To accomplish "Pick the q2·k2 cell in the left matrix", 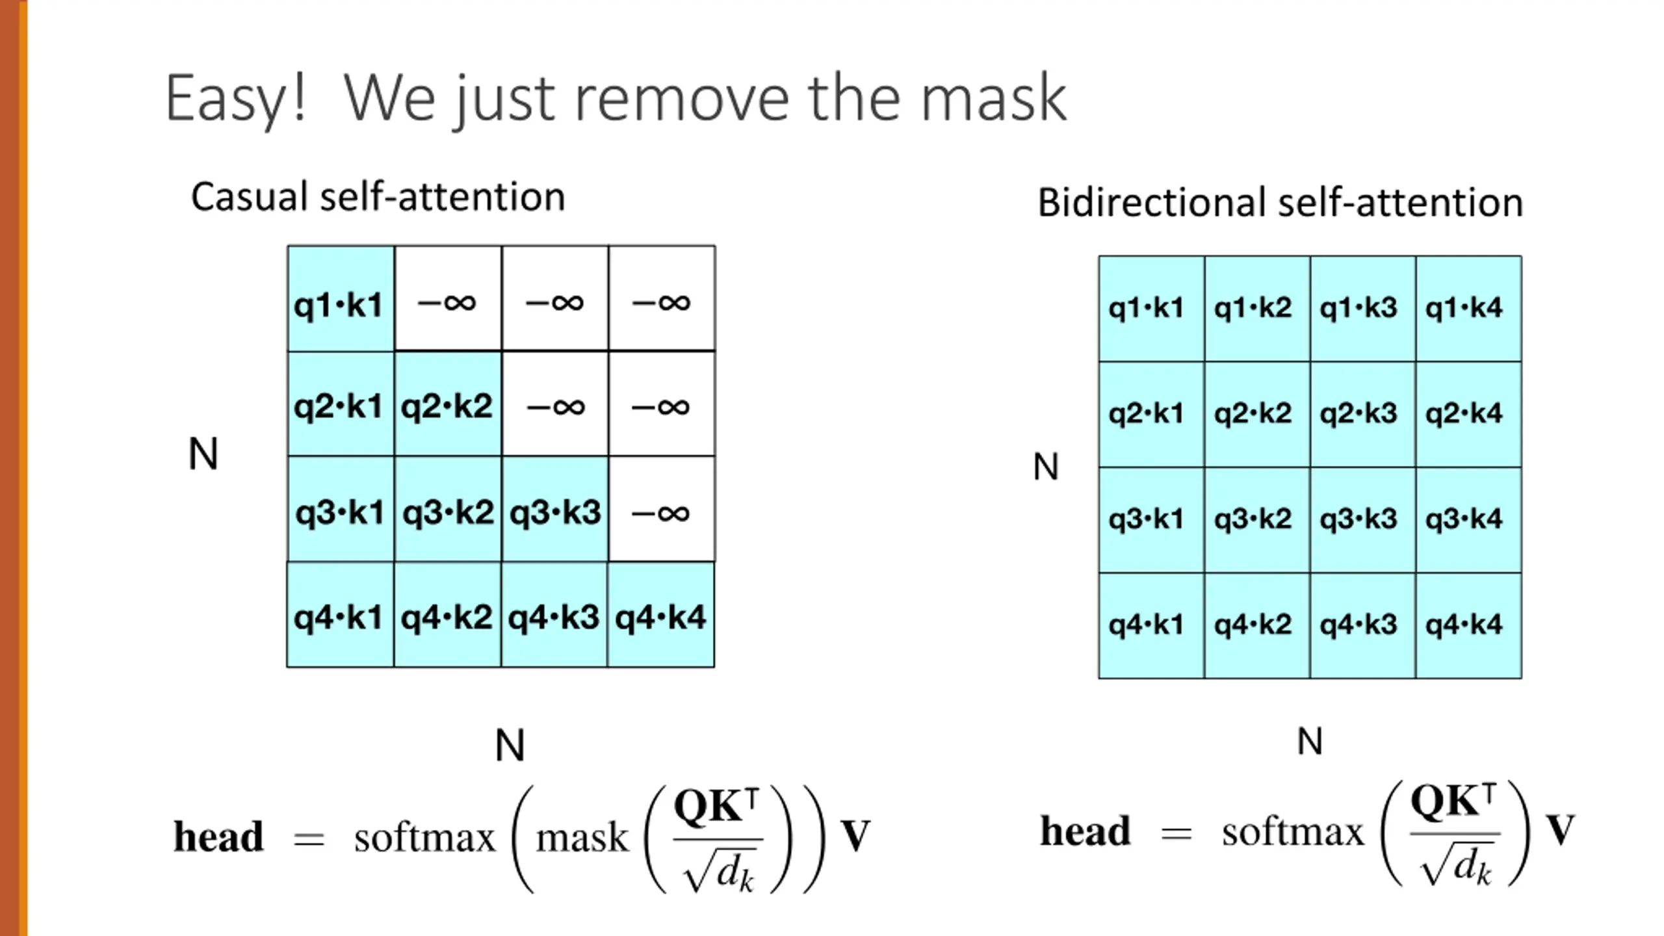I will [x=447, y=405].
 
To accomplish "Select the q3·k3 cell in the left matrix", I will [x=554, y=511].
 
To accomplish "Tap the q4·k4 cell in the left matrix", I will [x=661, y=616].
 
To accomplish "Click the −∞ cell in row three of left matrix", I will [x=661, y=511].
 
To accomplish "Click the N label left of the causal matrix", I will [x=203, y=454].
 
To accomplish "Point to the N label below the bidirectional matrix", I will [x=1310, y=742].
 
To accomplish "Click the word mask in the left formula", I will [x=582, y=837].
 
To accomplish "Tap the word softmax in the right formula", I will [x=1292, y=832].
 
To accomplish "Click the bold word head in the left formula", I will [x=218, y=837].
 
